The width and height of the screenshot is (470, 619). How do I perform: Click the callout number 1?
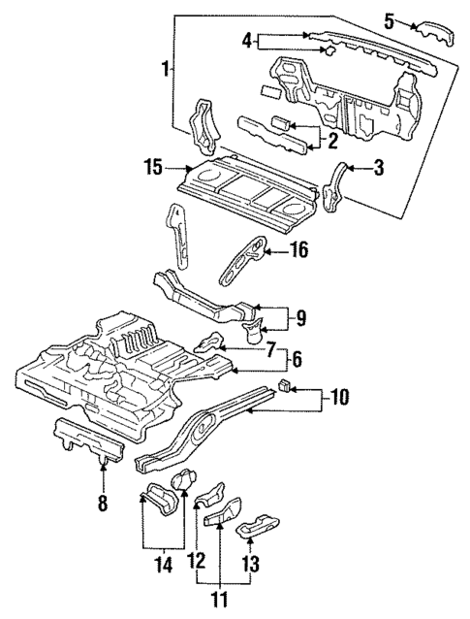click(167, 68)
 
